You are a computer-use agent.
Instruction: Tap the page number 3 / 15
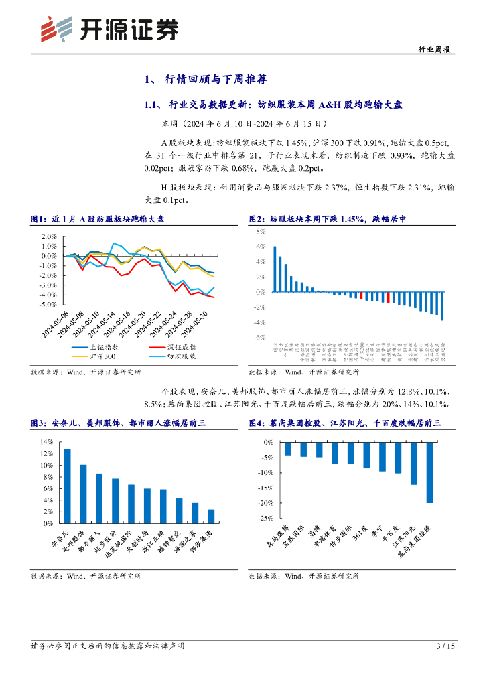pyautogui.click(x=445, y=646)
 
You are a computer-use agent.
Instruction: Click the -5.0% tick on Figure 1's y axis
pyautogui.click(x=46, y=304)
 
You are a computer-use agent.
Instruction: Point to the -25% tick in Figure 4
pyautogui.click(x=265, y=518)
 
